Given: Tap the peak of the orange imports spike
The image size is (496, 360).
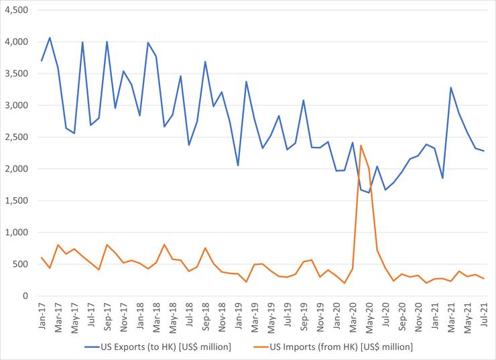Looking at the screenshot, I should [x=361, y=145].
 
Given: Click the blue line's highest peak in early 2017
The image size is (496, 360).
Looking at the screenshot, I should [x=50, y=38].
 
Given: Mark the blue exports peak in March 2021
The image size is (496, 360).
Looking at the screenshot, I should [x=450, y=87].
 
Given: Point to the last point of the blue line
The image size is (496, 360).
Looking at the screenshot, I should [x=483, y=151].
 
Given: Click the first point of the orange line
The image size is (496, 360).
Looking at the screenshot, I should [x=42, y=257].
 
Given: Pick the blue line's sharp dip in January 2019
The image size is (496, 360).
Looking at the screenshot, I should [x=238, y=166].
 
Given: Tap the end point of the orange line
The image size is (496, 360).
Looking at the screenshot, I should [x=483, y=279].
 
